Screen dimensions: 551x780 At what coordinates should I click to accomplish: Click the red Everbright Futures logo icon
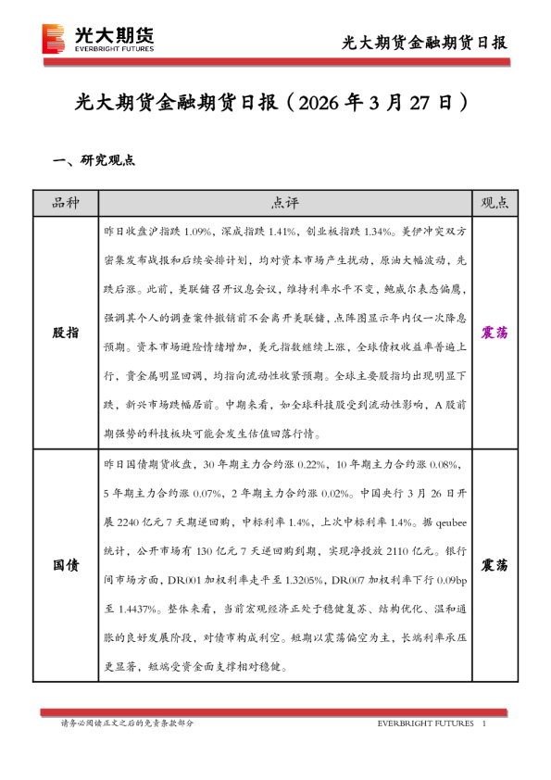click(55, 38)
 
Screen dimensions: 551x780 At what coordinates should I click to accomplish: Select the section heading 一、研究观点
click(95, 160)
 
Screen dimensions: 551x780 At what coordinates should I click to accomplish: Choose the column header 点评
click(285, 203)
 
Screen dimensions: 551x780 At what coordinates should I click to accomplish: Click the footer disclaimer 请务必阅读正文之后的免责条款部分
click(127, 723)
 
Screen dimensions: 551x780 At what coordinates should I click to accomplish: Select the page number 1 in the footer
click(485, 723)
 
